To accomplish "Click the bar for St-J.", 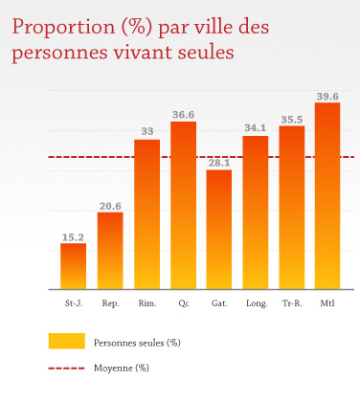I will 74,266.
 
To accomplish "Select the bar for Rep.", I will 110,251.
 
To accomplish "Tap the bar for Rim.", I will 146,214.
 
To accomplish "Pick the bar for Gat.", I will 219,230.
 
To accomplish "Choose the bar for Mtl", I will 327,196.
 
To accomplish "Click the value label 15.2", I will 74,235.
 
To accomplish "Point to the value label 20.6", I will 110,205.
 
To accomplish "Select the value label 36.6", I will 183,114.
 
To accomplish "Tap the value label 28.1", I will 219,163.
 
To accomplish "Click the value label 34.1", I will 256,128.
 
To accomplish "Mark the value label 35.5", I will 291,119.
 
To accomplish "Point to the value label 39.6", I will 327,95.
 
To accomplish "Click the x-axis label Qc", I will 183,303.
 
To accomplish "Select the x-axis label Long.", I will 256,303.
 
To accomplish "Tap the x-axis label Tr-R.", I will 291,303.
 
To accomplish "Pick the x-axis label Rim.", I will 146,303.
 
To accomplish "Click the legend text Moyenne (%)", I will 121,367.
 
